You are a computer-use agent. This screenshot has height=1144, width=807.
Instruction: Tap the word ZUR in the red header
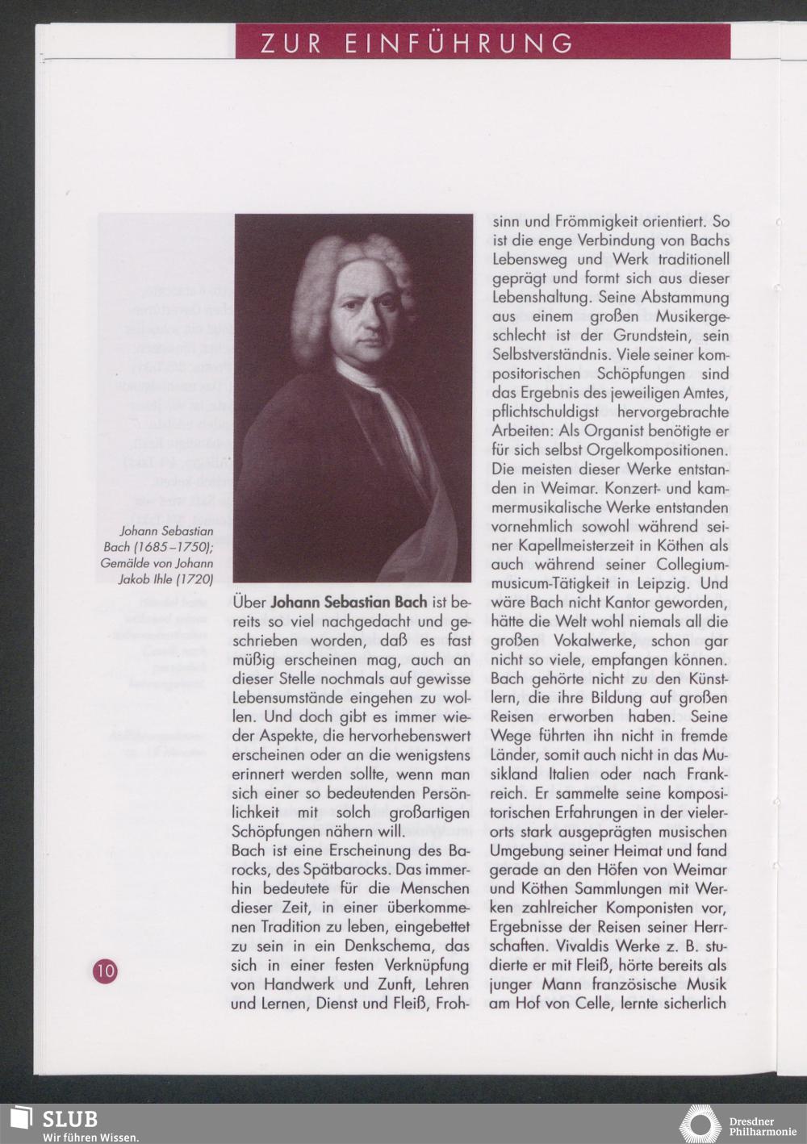tap(291, 43)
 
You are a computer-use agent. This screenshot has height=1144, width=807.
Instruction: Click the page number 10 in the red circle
tap(105, 971)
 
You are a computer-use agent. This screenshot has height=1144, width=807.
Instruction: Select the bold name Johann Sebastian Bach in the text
tap(349, 603)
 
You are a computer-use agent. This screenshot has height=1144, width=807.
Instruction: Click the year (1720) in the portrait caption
tap(194, 578)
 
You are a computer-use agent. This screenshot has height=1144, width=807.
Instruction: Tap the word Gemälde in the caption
tap(128, 563)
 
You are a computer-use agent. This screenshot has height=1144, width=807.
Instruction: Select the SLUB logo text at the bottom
tap(69, 1119)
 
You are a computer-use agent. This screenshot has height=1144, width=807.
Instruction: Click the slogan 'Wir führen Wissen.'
tap(90, 1137)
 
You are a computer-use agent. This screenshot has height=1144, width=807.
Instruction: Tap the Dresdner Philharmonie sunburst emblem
tap(700, 1125)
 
